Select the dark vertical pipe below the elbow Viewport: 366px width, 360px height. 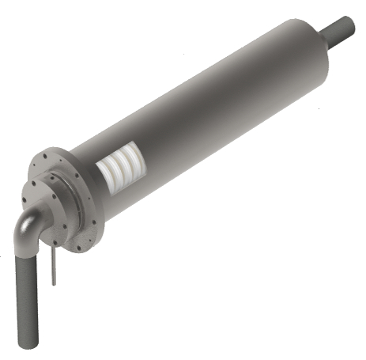28,293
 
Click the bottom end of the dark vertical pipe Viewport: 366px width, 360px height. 30,345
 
